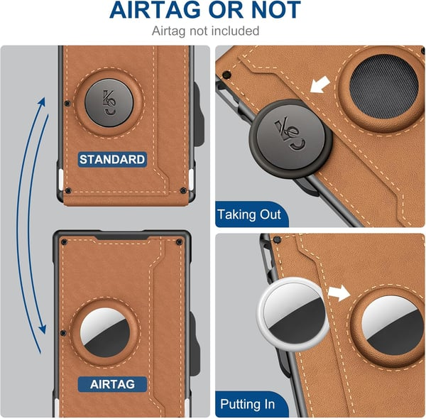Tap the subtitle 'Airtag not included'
[x=205, y=31]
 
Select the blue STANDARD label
[x=111, y=159]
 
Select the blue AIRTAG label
[x=112, y=383]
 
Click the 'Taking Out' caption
[x=249, y=214]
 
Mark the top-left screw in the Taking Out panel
[x=226, y=73]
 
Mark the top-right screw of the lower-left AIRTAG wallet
[x=179, y=242]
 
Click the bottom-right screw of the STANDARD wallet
[x=183, y=191]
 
